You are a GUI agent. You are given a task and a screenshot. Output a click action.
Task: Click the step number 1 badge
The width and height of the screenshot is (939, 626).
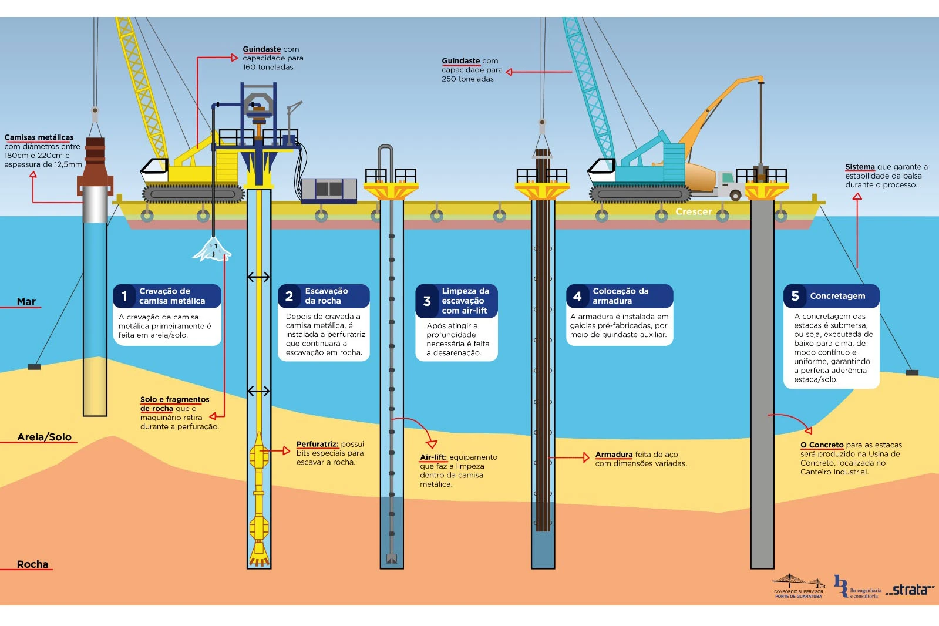click(124, 297)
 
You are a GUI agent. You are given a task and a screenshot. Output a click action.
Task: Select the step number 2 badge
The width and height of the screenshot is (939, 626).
click(289, 297)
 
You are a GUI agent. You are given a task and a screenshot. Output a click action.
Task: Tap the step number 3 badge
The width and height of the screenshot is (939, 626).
click(427, 301)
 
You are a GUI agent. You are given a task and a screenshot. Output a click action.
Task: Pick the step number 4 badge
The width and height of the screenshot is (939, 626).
click(577, 297)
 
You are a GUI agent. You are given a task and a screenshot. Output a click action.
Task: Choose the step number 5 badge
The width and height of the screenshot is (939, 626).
click(795, 297)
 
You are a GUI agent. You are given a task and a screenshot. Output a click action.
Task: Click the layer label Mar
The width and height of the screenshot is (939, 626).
click(26, 302)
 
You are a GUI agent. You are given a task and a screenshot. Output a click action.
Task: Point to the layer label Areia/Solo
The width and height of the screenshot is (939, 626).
click(45, 437)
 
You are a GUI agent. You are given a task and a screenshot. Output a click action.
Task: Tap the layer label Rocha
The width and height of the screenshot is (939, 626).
click(33, 564)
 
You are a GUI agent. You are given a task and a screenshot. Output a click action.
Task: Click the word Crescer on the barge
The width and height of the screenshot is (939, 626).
click(694, 211)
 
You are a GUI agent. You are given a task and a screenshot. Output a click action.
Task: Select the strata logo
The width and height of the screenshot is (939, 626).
click(910, 590)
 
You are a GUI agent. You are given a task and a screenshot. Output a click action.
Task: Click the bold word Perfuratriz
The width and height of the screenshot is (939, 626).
click(317, 445)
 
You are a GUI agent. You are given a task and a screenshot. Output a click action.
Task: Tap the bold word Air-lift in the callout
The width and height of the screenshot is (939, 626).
click(433, 457)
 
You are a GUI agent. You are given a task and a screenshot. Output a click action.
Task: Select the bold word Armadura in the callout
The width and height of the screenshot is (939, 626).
click(614, 455)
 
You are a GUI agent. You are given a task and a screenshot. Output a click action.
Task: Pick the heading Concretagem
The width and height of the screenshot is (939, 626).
click(837, 296)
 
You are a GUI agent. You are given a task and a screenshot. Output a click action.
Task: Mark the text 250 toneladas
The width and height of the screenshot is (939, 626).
click(468, 79)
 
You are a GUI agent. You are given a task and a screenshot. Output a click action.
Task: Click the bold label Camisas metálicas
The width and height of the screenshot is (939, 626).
click(39, 137)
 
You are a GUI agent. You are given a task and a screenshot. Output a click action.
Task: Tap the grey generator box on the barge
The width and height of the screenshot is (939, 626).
click(329, 190)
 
